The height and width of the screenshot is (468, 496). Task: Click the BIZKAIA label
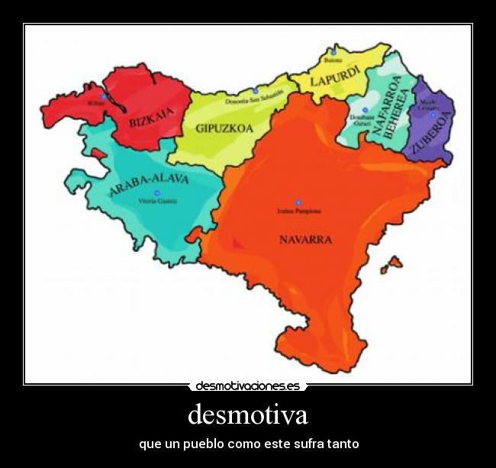(152, 118)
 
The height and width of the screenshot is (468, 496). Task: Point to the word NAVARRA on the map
(305, 239)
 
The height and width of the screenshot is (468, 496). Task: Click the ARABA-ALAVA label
(149, 184)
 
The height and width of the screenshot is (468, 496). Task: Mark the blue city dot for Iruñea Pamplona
(298, 203)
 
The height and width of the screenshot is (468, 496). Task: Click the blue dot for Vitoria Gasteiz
(157, 194)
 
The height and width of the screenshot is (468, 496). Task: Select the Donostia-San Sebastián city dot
(256, 92)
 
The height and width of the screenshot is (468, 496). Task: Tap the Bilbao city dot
(103, 97)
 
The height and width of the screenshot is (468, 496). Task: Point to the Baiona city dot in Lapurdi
(333, 52)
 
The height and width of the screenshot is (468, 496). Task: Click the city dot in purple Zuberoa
(433, 115)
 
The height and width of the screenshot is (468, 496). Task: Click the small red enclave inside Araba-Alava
(98, 153)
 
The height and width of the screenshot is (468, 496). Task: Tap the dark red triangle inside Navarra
(238, 243)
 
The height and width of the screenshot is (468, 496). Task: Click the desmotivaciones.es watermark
(248, 386)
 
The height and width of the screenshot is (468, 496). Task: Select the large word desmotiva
(248, 415)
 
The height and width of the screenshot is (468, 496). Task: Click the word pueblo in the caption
(203, 444)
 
